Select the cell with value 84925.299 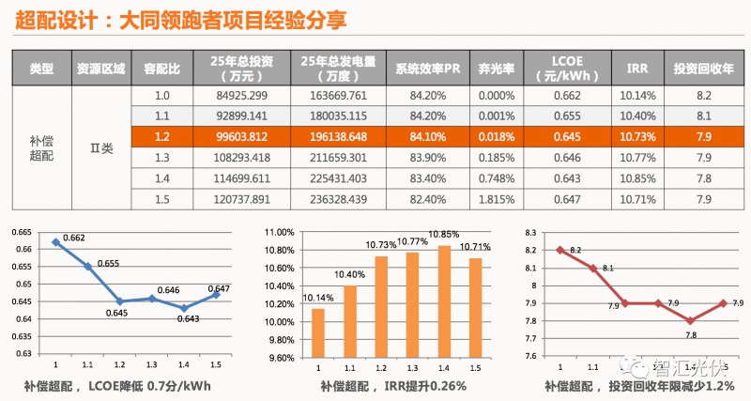[242, 96]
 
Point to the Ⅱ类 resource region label [101, 147]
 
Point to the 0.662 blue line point [55, 242]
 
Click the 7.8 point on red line [690, 320]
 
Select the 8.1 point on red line [593, 268]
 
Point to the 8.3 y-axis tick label [530, 231]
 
